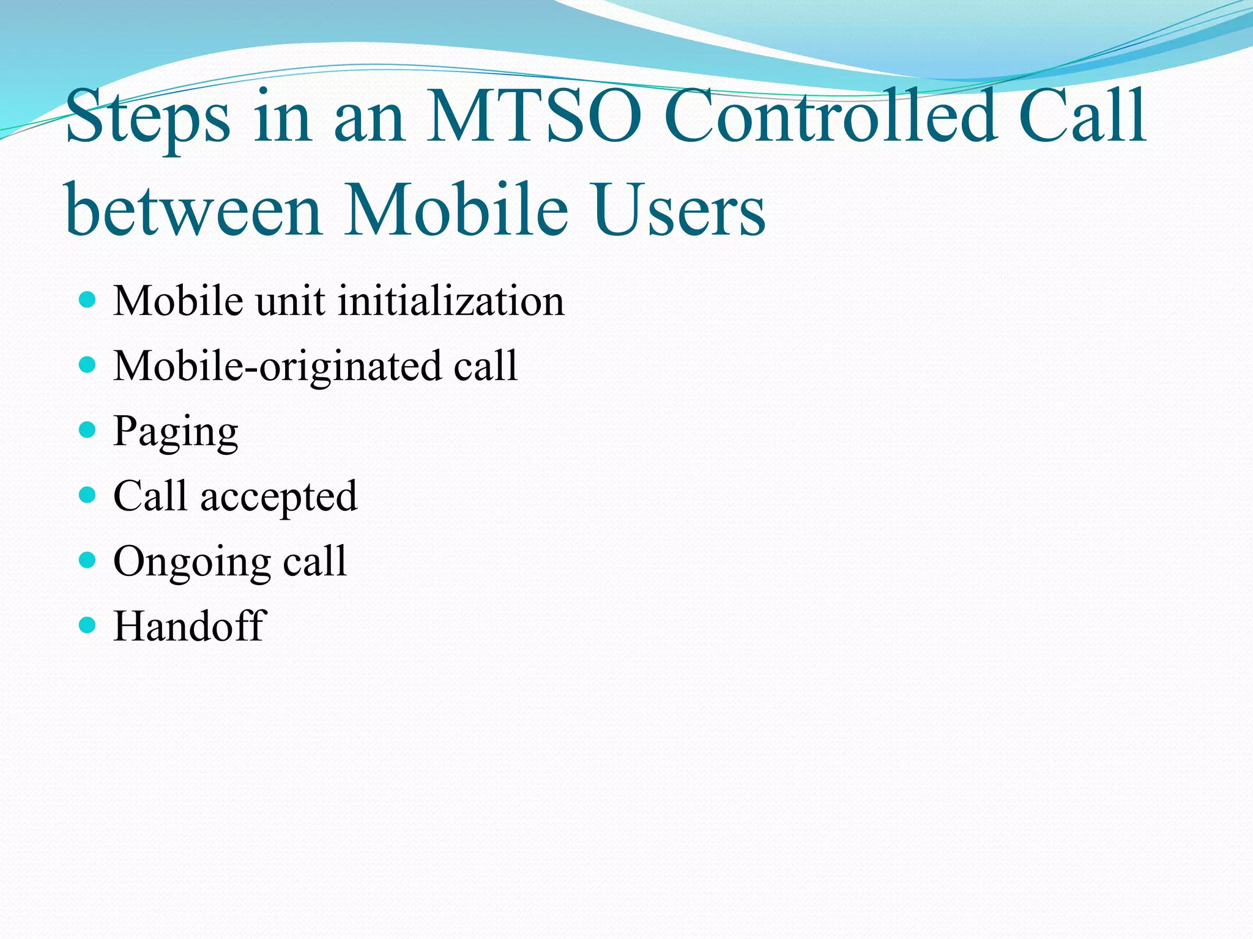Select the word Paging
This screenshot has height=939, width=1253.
(176, 432)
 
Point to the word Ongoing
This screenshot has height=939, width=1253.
(191, 562)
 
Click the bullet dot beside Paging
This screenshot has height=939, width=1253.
(88, 430)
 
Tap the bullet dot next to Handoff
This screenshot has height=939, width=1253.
(88, 625)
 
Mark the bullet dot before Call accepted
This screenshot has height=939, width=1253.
(88, 495)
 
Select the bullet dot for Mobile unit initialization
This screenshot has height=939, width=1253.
(88, 300)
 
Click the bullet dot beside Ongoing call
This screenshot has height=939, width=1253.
(88, 560)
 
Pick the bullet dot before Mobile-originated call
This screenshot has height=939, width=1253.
(88, 365)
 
